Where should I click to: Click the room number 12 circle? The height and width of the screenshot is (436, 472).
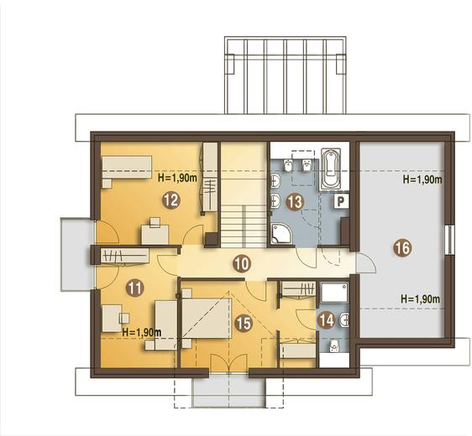(171, 200)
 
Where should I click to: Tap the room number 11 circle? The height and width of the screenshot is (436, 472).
(135, 288)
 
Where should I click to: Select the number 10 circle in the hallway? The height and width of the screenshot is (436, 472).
(242, 263)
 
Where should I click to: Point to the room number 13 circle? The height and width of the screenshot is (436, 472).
(295, 201)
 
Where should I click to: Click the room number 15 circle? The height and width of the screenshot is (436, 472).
(244, 324)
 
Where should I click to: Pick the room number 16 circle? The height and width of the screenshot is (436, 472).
(402, 248)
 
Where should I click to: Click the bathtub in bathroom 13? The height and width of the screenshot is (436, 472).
(331, 169)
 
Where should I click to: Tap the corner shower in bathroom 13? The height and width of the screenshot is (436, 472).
(281, 233)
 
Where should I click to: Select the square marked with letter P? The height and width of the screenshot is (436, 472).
(341, 200)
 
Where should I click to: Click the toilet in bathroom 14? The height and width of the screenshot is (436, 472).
(334, 346)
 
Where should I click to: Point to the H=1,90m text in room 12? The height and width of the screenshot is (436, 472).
(177, 179)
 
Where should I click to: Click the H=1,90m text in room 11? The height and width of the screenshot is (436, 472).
(142, 333)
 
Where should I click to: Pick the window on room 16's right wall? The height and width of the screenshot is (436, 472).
(448, 240)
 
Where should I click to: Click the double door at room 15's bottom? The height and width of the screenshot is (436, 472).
(228, 364)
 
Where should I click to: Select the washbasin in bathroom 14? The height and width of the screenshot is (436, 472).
(344, 320)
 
